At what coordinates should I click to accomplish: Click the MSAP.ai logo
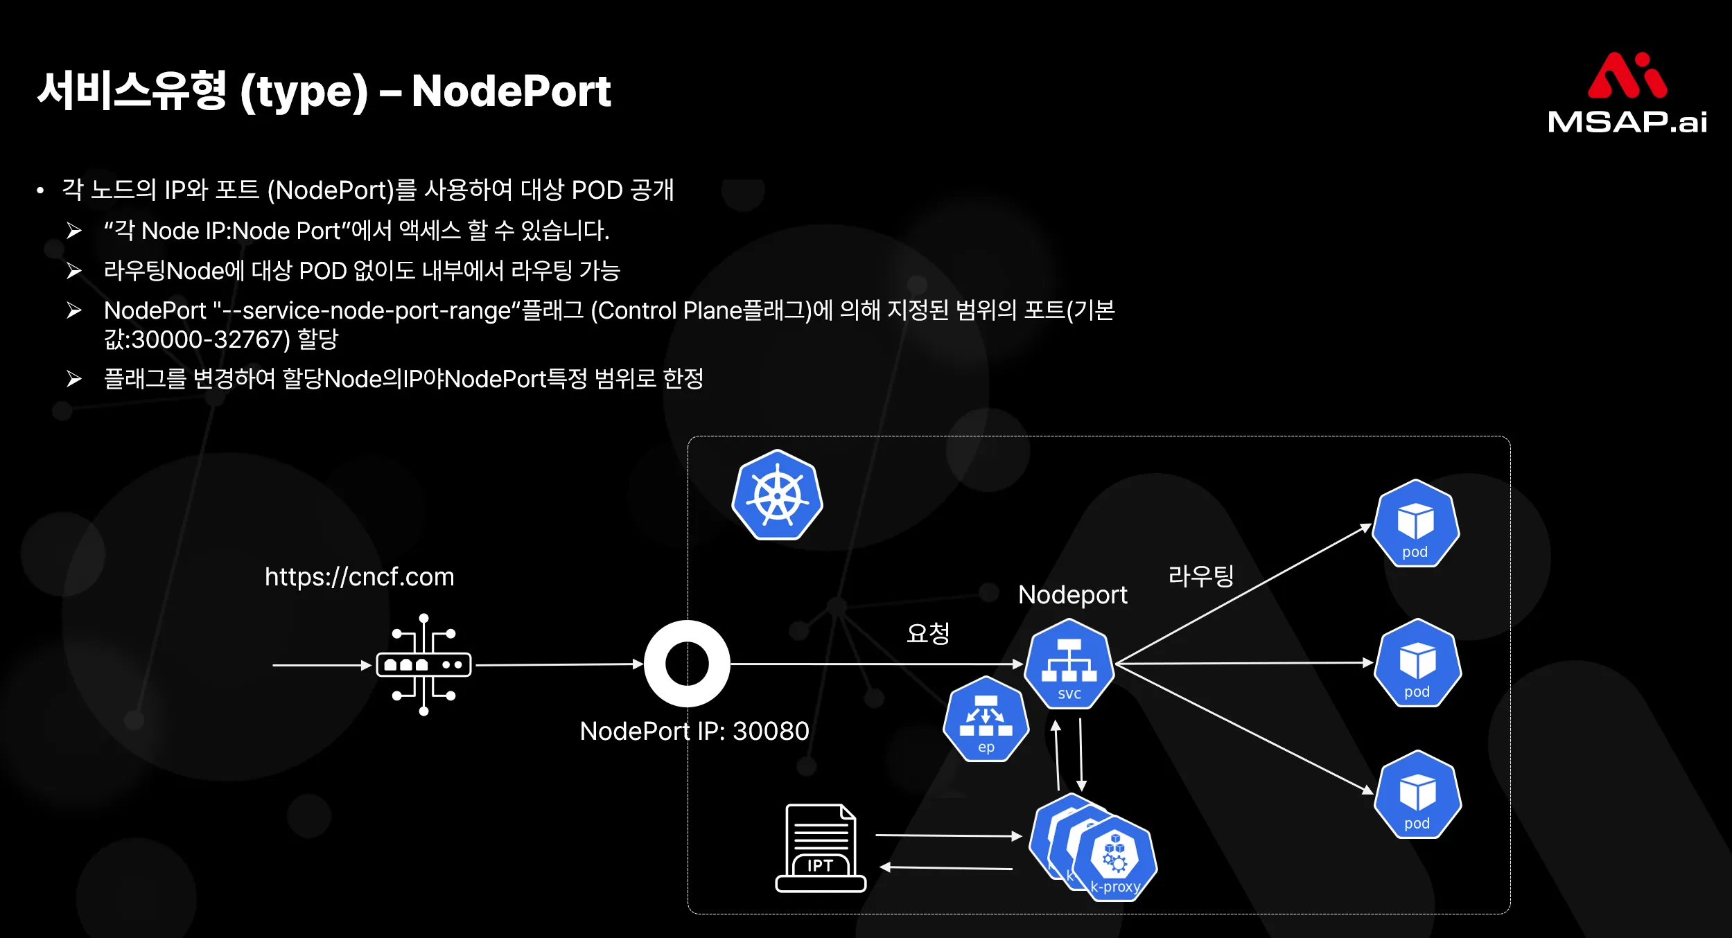point(1627,93)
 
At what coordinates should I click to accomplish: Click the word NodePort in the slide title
point(511,91)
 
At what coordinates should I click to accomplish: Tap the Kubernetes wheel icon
point(777,495)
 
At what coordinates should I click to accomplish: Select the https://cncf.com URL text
point(359,576)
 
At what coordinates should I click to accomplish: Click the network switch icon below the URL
point(423,664)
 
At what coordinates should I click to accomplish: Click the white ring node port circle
point(686,664)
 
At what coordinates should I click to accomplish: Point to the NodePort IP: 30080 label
point(694,731)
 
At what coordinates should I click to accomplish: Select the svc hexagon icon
point(1069,664)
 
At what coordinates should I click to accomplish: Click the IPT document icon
point(821,848)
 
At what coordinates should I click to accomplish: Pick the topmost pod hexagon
point(1415,524)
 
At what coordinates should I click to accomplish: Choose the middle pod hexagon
point(1417,663)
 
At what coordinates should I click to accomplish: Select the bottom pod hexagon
point(1417,795)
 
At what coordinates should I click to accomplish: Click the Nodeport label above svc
point(1072,594)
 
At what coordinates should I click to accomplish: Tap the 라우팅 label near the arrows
point(1200,575)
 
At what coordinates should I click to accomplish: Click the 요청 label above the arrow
point(927,632)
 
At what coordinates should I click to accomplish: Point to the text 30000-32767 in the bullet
point(207,339)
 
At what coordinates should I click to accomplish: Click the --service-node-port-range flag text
point(367,310)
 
